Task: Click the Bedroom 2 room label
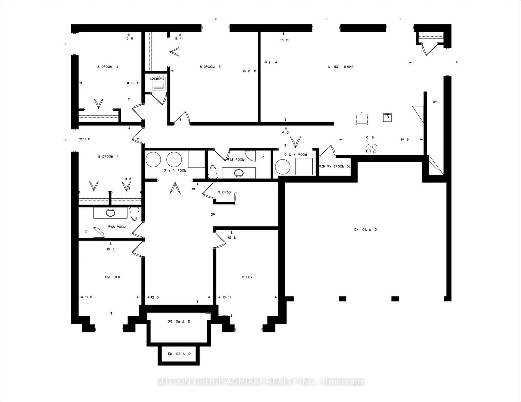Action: tap(108, 67)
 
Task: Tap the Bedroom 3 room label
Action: tap(210, 67)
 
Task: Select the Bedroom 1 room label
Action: tap(108, 156)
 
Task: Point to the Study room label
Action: tap(247, 277)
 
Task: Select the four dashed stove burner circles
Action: tap(372, 149)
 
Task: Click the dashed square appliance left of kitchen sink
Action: tap(362, 119)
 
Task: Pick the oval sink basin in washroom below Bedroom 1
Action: tap(110, 213)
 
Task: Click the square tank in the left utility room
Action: tap(197, 159)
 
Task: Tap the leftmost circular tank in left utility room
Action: tap(153, 159)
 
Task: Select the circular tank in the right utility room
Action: tap(283, 167)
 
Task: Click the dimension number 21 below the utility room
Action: tap(193, 189)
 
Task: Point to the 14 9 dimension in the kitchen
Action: tap(405, 140)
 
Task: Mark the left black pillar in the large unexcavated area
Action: tap(342, 299)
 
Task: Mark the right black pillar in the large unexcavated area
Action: tap(395, 299)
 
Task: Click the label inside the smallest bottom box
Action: tap(179, 354)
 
